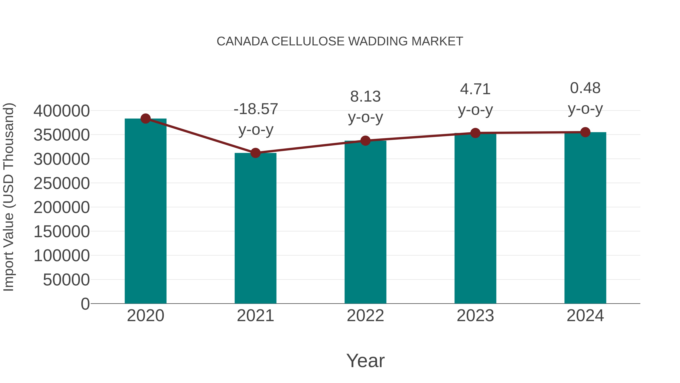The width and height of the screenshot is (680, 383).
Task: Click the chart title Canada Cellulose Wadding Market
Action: (x=340, y=41)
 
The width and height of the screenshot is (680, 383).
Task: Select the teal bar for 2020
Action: (x=145, y=211)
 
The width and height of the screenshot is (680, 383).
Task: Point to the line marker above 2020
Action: (x=145, y=119)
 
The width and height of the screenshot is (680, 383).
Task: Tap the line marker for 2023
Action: (x=475, y=133)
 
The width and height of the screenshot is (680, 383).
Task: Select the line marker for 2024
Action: (x=585, y=132)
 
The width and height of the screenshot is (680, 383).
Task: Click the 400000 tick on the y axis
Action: (x=62, y=111)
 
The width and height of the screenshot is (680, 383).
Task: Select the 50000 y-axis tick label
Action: (x=66, y=280)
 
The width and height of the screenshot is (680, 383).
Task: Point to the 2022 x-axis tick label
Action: (x=365, y=316)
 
